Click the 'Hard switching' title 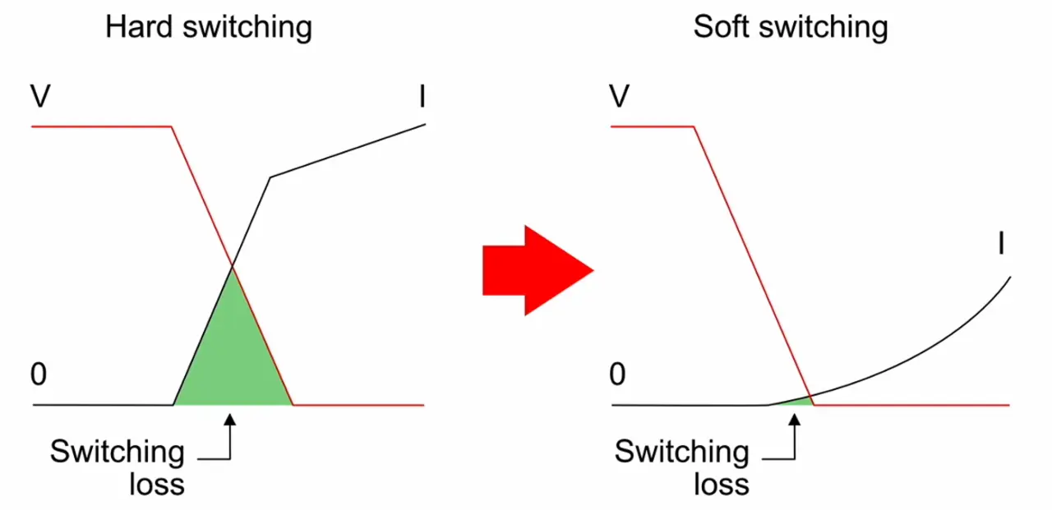(x=209, y=28)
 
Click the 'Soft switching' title (x=791, y=28)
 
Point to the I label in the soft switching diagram (x=1001, y=244)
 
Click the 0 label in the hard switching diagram (x=39, y=375)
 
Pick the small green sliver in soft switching (x=796, y=401)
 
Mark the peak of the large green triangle (x=233, y=267)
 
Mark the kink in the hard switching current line (x=270, y=177)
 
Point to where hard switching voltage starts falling (x=171, y=126)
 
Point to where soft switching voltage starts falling (x=694, y=126)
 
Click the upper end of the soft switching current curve (x=1008, y=278)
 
